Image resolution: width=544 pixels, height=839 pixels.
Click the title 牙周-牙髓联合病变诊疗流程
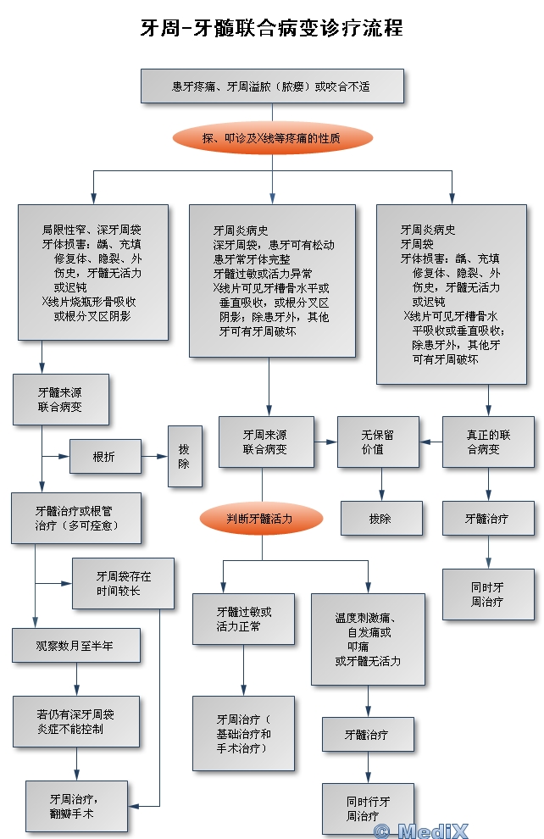[x=271, y=28]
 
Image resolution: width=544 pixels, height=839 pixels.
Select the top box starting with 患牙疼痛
[x=271, y=86]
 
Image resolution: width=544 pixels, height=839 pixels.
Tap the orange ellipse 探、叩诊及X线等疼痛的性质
[x=271, y=138]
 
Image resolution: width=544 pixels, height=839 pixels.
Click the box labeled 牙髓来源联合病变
[x=60, y=399]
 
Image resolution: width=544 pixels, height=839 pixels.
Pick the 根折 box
[x=104, y=457]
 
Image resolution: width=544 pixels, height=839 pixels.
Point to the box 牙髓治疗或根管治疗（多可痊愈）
[x=75, y=518]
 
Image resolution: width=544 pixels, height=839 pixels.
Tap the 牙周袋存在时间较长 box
[x=123, y=583]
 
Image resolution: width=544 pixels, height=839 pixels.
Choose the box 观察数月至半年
[x=75, y=646]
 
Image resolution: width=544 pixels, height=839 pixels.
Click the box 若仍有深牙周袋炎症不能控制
[x=75, y=721]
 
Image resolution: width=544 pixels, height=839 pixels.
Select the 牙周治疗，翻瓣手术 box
[x=76, y=805]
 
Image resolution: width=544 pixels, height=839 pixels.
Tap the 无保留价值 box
[x=378, y=442]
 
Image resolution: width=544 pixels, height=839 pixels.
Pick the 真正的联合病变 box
[x=487, y=442]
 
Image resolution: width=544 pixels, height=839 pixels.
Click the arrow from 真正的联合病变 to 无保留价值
[x=430, y=442]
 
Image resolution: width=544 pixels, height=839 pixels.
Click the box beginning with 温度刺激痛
[x=368, y=638]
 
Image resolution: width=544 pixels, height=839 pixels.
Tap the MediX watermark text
[x=433, y=831]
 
